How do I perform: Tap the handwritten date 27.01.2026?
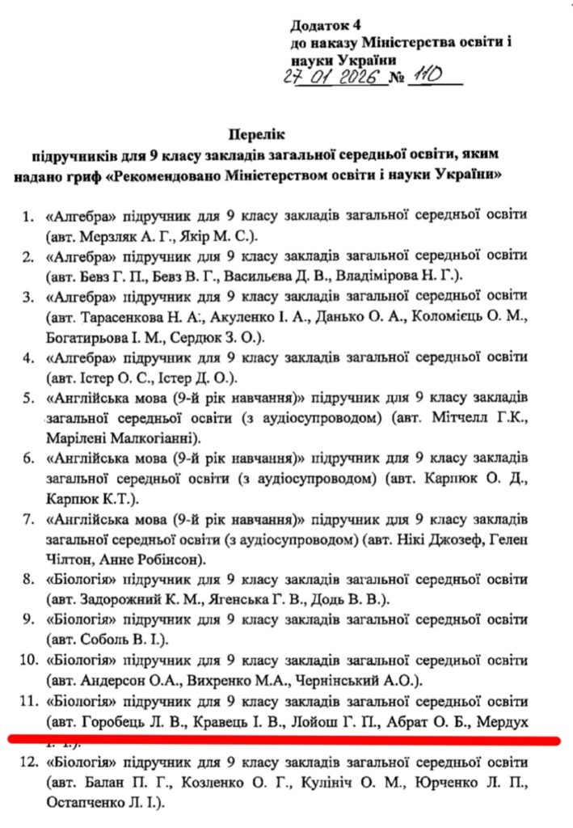click(x=333, y=78)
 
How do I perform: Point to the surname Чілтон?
click(x=73, y=559)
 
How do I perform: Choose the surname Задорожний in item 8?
click(x=124, y=599)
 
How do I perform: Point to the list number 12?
click(x=28, y=762)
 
